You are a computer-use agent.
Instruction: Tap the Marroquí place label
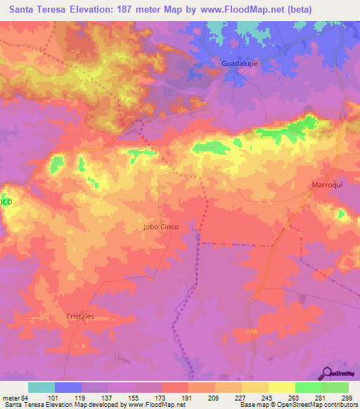[x=326, y=185]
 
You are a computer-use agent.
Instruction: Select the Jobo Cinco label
[x=160, y=228]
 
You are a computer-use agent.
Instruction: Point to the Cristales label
[x=80, y=316]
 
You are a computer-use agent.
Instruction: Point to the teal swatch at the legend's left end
[x=41, y=387]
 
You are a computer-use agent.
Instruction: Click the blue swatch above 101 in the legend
[x=68, y=387]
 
